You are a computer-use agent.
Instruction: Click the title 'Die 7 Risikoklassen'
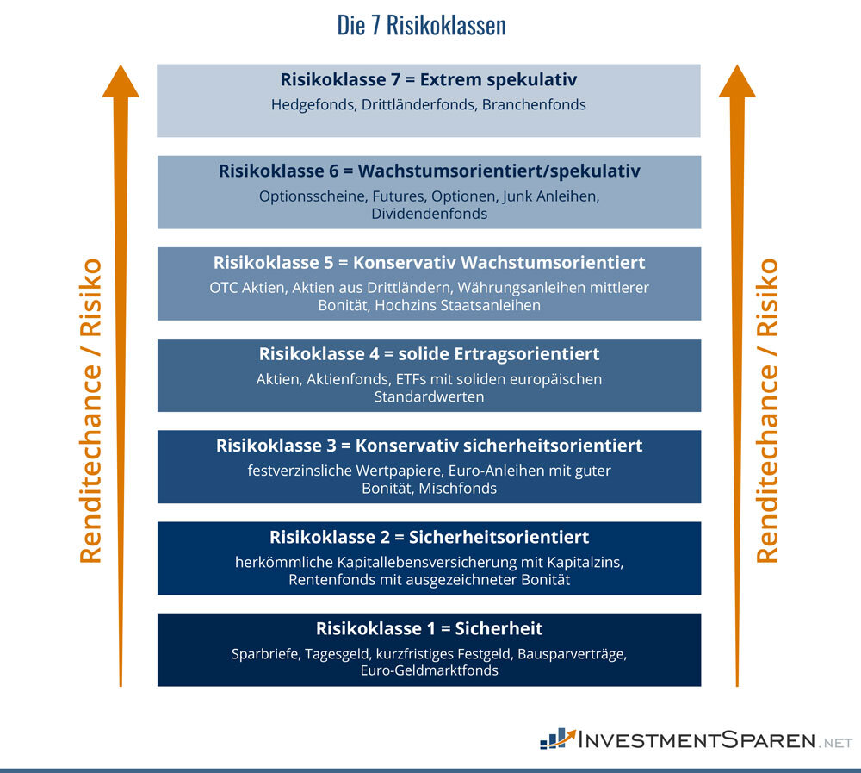(x=421, y=26)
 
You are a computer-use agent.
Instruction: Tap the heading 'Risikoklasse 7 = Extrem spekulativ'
(x=429, y=80)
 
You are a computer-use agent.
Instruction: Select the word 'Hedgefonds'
(x=307, y=105)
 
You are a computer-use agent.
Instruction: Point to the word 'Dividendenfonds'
(x=429, y=214)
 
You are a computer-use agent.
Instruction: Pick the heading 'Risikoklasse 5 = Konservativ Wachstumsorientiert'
(x=429, y=262)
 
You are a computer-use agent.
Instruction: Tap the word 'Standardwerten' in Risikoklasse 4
(x=429, y=396)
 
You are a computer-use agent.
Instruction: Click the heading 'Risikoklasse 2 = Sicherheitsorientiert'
(x=429, y=538)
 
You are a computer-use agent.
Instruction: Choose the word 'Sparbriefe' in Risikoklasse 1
(x=265, y=653)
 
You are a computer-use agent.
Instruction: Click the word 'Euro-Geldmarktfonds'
(x=429, y=670)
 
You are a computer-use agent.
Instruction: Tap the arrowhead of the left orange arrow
(x=121, y=82)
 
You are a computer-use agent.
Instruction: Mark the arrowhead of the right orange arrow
(x=737, y=82)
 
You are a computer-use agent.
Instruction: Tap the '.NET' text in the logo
(x=836, y=742)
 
